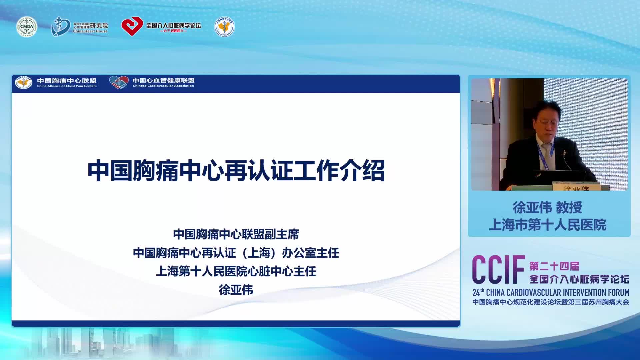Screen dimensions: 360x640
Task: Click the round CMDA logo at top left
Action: [x=27, y=27]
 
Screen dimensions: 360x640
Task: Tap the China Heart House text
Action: [x=90, y=31]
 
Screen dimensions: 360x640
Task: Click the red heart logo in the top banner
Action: [x=132, y=26]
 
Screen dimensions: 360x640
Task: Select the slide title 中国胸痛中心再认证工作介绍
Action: [x=236, y=171]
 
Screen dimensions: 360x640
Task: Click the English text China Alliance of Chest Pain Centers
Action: [x=67, y=86]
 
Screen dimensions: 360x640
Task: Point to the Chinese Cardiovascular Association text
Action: [x=163, y=86]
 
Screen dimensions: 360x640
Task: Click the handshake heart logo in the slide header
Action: [x=119, y=82]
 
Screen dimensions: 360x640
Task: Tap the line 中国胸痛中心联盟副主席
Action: [x=236, y=234]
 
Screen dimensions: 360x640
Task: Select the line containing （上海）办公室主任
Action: [x=236, y=253]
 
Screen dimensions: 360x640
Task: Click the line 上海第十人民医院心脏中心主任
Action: [x=236, y=271]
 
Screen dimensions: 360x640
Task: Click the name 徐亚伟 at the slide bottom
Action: [x=236, y=290]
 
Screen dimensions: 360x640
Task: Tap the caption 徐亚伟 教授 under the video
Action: [x=547, y=208]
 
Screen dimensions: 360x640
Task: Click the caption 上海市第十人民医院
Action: [x=547, y=225]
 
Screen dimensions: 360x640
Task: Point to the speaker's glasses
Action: [x=547, y=123]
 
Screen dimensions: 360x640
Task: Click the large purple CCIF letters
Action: [x=498, y=270]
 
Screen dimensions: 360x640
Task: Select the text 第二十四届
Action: [x=554, y=266]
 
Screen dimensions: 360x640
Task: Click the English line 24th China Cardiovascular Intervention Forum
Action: [x=551, y=293]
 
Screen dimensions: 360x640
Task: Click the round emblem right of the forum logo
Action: [x=224, y=27]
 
